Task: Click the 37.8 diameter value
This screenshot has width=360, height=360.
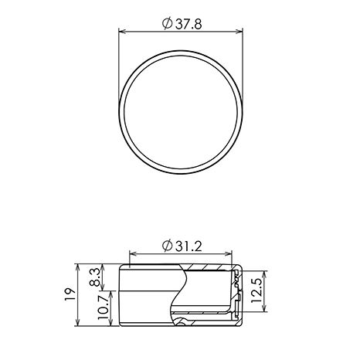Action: [188, 24]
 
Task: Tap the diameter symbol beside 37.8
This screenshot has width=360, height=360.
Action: [167, 23]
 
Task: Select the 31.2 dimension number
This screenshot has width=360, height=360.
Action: [188, 247]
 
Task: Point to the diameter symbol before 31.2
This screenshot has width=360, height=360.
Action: [167, 246]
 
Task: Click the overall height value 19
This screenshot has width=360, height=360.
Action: [70, 294]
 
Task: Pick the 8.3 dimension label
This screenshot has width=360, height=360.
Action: [95, 277]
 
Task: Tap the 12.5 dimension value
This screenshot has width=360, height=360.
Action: [256, 290]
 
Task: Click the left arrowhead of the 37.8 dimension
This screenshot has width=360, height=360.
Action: [122, 32]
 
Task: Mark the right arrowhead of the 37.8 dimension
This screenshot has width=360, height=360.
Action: [239, 32]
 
